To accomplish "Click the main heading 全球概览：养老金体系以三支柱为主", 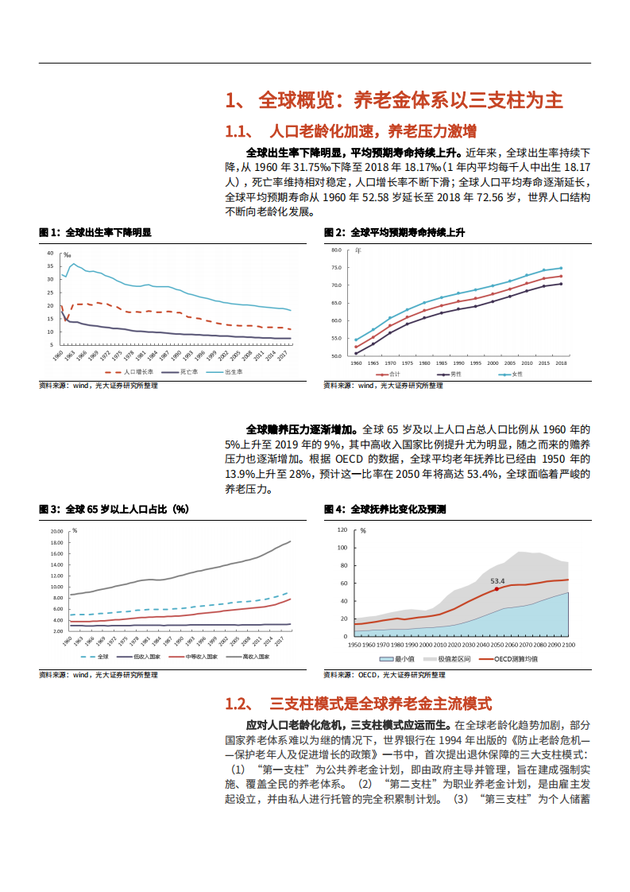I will click(x=395, y=101).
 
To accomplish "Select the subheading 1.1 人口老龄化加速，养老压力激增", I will click(x=351, y=131).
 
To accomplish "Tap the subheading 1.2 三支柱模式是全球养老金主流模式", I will click(x=359, y=704).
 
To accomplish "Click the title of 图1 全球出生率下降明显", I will click(x=95, y=233).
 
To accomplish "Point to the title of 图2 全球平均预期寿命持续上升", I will click(x=395, y=233).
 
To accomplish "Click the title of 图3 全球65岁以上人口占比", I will click(x=114, y=509).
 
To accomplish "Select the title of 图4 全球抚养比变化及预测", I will click(x=385, y=509).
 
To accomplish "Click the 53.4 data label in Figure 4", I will click(x=497, y=581).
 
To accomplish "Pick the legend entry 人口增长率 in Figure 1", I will click(x=137, y=372).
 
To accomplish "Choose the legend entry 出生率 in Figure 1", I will click(x=234, y=372).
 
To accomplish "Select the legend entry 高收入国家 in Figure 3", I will click(x=253, y=657).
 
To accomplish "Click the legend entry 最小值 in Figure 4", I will click(x=400, y=658).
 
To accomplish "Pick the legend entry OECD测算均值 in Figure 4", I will click(x=516, y=658).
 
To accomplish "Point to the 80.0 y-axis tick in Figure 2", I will click(x=335, y=250).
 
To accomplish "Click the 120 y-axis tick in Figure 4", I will click(x=342, y=529).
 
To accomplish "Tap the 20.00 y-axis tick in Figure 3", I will click(x=56, y=531).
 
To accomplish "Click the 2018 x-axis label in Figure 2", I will click(x=561, y=363).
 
